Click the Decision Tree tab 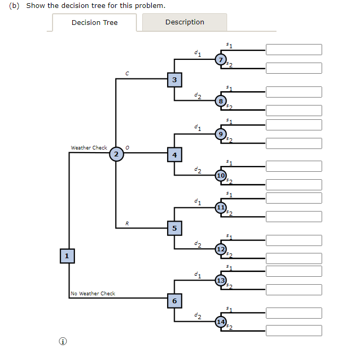pos(94,22)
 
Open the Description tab pos(185,22)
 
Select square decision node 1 pos(67,256)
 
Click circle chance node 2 pos(116,154)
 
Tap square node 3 pos(175,80)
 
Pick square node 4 pos(175,155)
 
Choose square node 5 pos(175,228)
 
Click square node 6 pos(175,301)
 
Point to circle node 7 pos(221,60)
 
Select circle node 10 pos(221,175)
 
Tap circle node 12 pos(221,249)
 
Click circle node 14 pos(221,322)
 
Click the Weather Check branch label pos(89,148)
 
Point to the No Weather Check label pos(93,293)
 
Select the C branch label pos(127,74)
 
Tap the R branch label pos(127,223)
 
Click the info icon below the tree pos(63,341)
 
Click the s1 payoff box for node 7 pos(294,49)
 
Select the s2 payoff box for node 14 pos(294,331)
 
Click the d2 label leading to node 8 pos(198,96)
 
